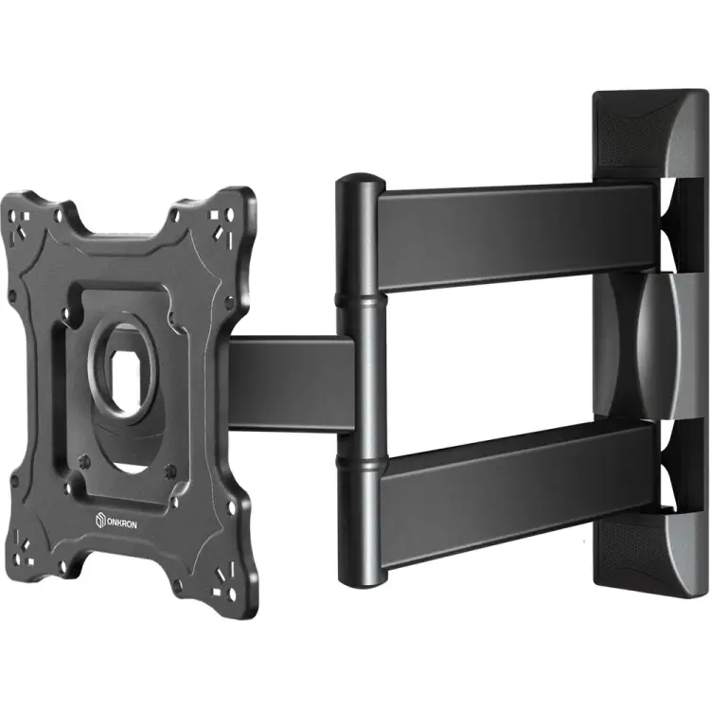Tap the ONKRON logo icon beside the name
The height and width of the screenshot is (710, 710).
point(100,520)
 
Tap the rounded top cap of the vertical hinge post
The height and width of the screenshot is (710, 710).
point(361,181)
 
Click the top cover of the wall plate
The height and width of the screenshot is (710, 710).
point(650,135)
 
